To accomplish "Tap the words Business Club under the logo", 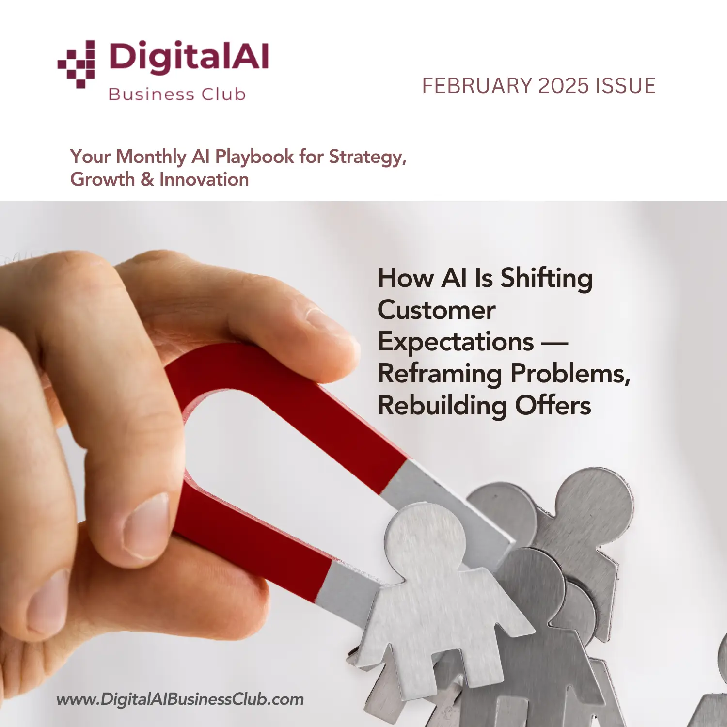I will [x=177, y=94].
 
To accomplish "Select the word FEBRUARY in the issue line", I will [x=477, y=86].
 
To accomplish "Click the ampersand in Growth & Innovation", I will [x=147, y=180].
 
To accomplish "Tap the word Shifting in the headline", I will [x=546, y=279].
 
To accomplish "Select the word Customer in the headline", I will [x=436, y=310].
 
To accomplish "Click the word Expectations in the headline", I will [x=456, y=342].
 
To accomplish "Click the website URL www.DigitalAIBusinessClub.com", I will [x=180, y=699].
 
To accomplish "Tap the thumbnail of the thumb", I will [x=145, y=526].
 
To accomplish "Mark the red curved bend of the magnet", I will [x=204, y=373].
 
